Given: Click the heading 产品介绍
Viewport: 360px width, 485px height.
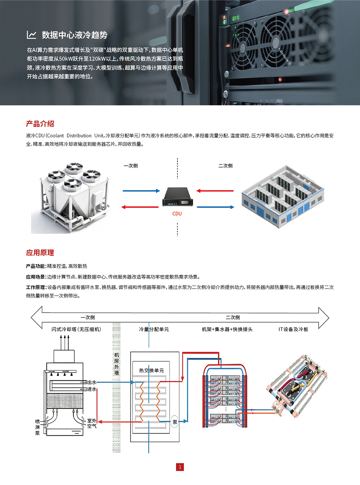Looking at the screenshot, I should (x=40, y=124).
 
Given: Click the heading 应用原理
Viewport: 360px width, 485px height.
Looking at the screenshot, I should (x=40, y=253).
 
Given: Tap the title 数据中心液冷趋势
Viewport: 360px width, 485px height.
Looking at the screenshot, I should (x=74, y=35).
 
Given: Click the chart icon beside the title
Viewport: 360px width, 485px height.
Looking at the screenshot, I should (x=31, y=35).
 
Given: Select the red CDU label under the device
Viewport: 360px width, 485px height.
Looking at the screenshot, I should (x=177, y=214).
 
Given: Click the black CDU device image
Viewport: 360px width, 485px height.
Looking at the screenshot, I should (x=177, y=197).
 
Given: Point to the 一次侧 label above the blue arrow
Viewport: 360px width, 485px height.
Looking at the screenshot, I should (x=130, y=166).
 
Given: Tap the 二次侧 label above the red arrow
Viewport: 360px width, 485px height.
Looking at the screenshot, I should (x=225, y=166).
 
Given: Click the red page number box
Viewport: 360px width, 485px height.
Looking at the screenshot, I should (x=180, y=467).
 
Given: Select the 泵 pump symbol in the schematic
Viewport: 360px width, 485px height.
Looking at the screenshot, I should (x=175, y=422).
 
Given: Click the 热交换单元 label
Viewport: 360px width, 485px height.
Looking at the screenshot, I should (x=151, y=370).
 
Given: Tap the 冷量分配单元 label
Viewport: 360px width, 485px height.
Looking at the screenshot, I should (x=154, y=329).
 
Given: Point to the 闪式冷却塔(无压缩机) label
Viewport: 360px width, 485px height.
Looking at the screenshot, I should (x=76, y=329).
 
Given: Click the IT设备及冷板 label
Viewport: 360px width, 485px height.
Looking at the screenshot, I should (x=293, y=329).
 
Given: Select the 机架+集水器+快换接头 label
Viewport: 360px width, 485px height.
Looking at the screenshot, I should (x=227, y=329).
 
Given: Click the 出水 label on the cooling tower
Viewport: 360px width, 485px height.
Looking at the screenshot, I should (x=92, y=382).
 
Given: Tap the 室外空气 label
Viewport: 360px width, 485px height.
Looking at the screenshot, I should (x=92, y=423).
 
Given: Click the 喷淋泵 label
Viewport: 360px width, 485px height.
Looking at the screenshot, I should (x=37, y=427).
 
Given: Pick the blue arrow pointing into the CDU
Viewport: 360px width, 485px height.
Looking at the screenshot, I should (x=141, y=191).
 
